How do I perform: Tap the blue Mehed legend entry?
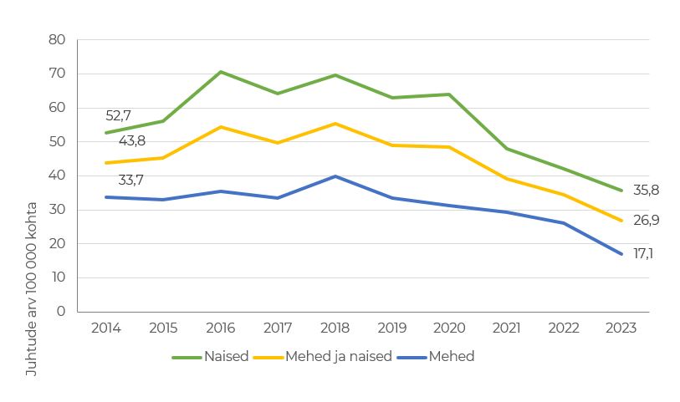pyautogui.click(x=451, y=357)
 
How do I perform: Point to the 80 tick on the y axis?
pyautogui.click(x=57, y=39)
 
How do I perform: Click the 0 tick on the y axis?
pyautogui.click(x=61, y=312)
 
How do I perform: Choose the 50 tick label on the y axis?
pyautogui.click(x=57, y=141)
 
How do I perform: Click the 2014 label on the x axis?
pyautogui.click(x=105, y=328)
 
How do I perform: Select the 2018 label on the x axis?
pyautogui.click(x=335, y=328)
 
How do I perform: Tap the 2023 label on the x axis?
pyautogui.click(x=621, y=328)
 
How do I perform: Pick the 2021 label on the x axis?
pyautogui.click(x=506, y=328)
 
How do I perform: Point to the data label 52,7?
pyautogui.click(x=119, y=116)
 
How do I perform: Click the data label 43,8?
pyautogui.click(x=131, y=140)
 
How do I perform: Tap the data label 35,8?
pyautogui.click(x=645, y=191)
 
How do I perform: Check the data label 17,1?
pyautogui.click(x=643, y=253)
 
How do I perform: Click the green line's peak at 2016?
pyautogui.click(x=221, y=72)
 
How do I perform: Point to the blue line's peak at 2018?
pyautogui.click(x=335, y=176)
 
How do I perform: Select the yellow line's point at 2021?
pyautogui.click(x=507, y=179)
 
